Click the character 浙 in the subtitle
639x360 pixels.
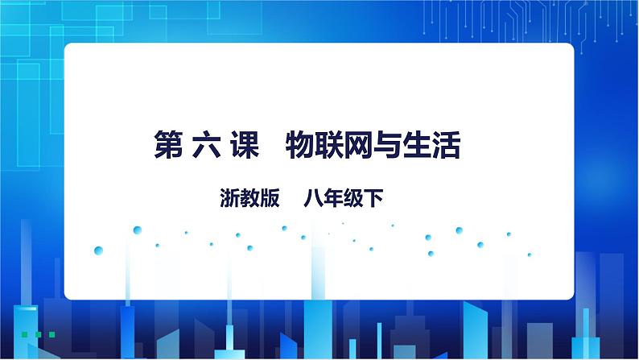[229, 197]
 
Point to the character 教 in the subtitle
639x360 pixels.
[249, 197]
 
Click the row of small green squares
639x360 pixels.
[38, 333]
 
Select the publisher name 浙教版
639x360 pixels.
[249, 197]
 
